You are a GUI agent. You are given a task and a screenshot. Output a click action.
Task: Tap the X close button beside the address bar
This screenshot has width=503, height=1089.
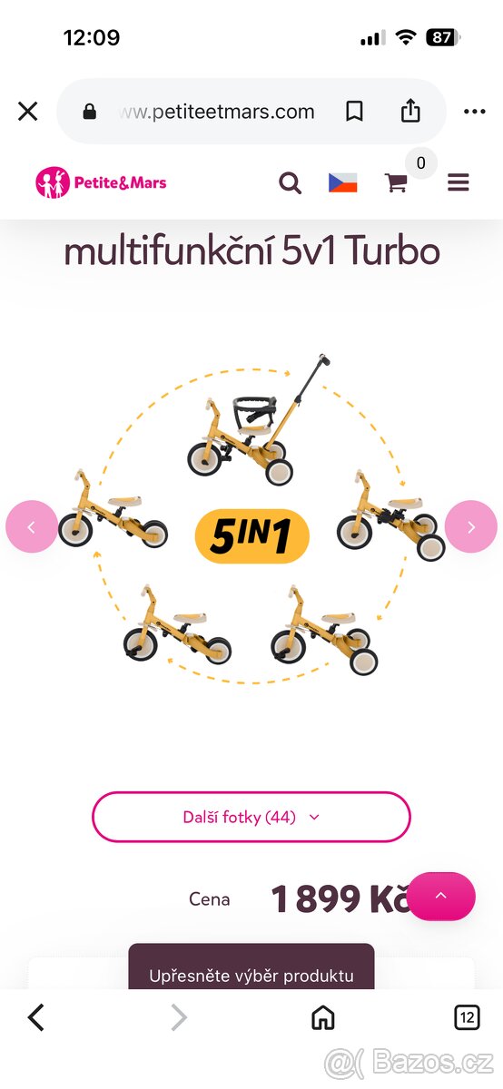[28, 112]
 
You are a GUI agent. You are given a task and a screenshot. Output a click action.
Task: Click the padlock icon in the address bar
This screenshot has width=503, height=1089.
[90, 112]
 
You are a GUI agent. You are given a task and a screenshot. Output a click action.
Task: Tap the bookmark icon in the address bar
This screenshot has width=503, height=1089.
[354, 112]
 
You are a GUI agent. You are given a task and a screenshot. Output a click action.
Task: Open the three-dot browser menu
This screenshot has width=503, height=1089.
[474, 112]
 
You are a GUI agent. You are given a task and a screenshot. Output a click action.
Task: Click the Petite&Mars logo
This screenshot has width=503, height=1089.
[101, 182]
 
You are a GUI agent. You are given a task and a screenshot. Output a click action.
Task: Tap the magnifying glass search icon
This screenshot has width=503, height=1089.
[290, 183]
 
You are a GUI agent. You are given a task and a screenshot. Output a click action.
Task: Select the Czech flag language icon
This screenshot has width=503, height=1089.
[343, 182]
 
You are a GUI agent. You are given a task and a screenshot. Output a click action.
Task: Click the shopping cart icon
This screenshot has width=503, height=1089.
[396, 182]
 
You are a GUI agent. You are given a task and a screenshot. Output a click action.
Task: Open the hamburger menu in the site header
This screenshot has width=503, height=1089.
[459, 182]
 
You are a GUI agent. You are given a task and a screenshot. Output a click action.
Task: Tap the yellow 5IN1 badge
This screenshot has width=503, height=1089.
[252, 535]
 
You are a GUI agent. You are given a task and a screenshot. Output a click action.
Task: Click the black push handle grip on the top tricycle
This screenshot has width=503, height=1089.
[324, 359]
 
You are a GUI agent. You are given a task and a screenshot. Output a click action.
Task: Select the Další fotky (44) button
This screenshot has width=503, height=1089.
[251, 817]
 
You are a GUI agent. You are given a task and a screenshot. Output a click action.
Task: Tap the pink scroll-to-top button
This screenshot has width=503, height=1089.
[440, 896]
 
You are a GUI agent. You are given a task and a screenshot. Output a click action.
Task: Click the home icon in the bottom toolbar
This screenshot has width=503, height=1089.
[323, 1017]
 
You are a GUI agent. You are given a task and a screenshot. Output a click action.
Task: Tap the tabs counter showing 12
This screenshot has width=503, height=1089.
[467, 1017]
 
